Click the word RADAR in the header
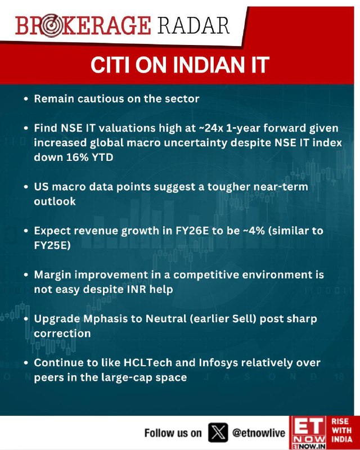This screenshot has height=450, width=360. click(193, 25)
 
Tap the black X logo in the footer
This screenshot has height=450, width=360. click(218, 433)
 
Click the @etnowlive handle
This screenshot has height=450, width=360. click(259, 433)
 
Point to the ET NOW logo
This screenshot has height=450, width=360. click(308, 433)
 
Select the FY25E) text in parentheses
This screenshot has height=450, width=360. click(52, 246)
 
